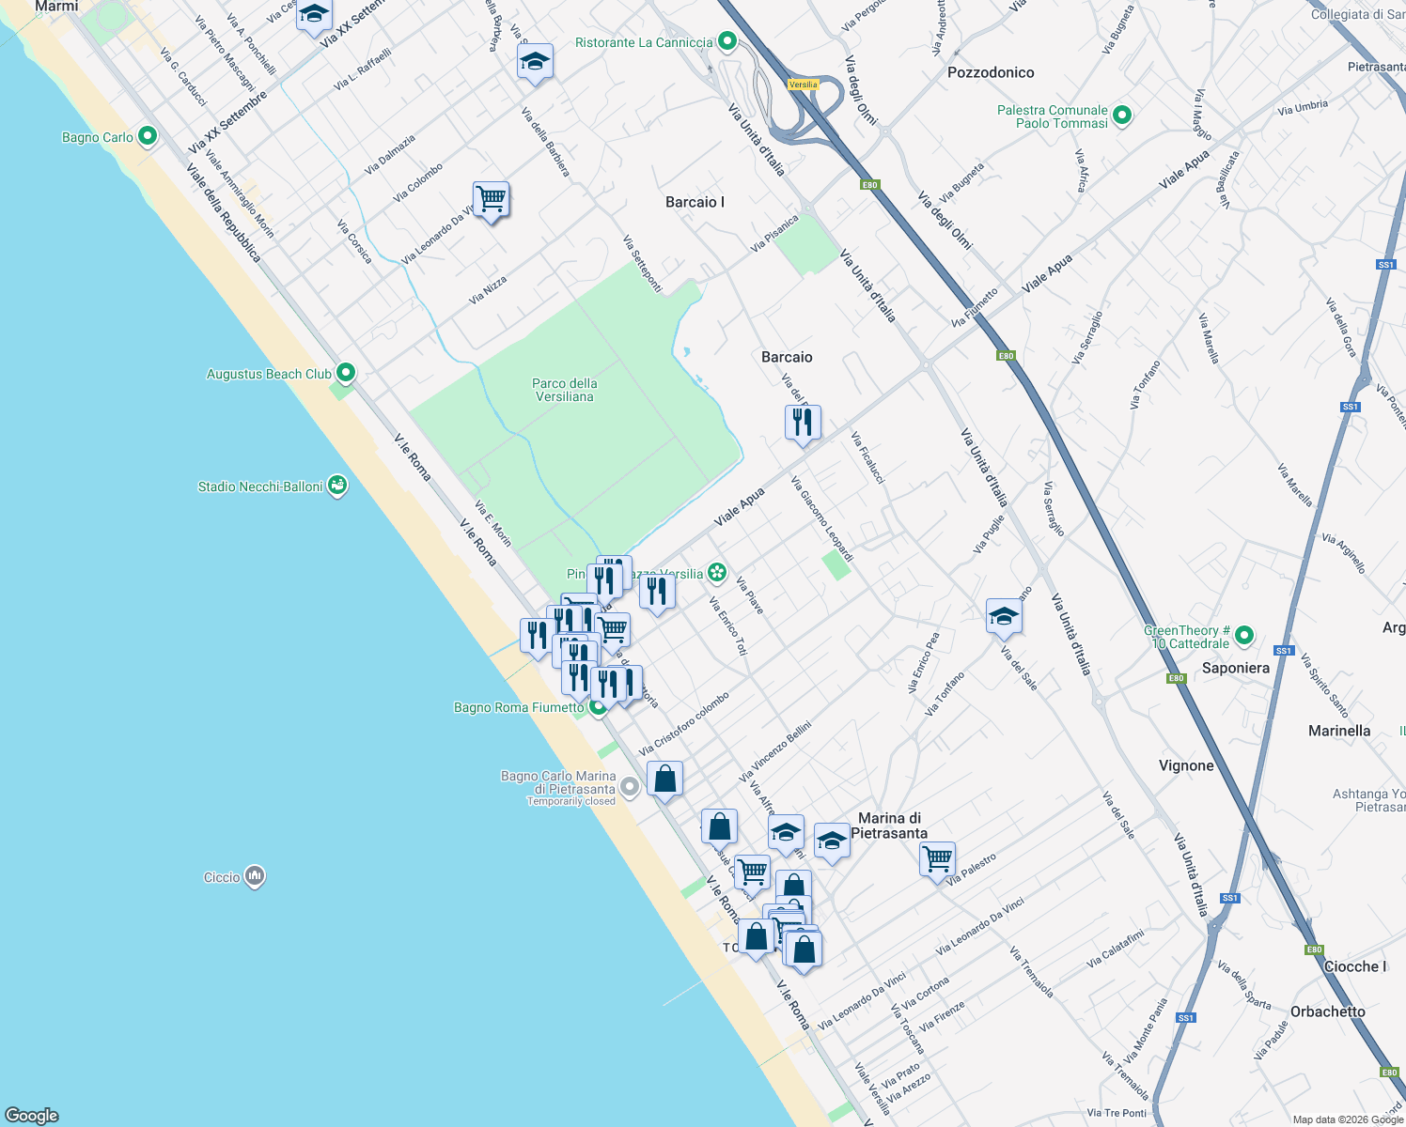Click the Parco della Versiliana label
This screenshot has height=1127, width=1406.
coord(564,390)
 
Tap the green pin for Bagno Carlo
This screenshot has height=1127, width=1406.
coord(147,136)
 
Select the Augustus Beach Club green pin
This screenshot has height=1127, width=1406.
coord(346,373)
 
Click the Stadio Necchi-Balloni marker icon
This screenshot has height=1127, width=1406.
coord(337,486)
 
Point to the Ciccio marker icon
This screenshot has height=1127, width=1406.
coord(255,876)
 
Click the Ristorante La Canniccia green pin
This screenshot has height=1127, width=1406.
coord(726,41)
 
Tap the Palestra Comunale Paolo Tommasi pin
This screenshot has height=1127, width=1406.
coord(1122,116)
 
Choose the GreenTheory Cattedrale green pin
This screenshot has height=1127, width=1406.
coord(1244,636)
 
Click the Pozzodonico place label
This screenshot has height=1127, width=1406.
coord(991,72)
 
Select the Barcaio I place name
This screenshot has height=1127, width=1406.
coord(695,202)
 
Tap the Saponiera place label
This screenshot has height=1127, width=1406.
coord(1235,668)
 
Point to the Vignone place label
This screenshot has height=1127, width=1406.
coord(1186,765)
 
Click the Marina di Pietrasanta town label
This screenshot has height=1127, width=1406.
coord(889,826)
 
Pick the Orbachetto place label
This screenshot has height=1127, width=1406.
coord(1327,1011)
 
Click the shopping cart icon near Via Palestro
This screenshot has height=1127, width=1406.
coord(937,857)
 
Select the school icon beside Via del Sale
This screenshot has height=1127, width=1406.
coord(1004,616)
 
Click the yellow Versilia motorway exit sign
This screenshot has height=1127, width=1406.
coord(803,85)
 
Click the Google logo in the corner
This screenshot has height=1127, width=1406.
coord(32,1115)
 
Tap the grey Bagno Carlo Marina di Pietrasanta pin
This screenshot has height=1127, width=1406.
coord(630,788)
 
